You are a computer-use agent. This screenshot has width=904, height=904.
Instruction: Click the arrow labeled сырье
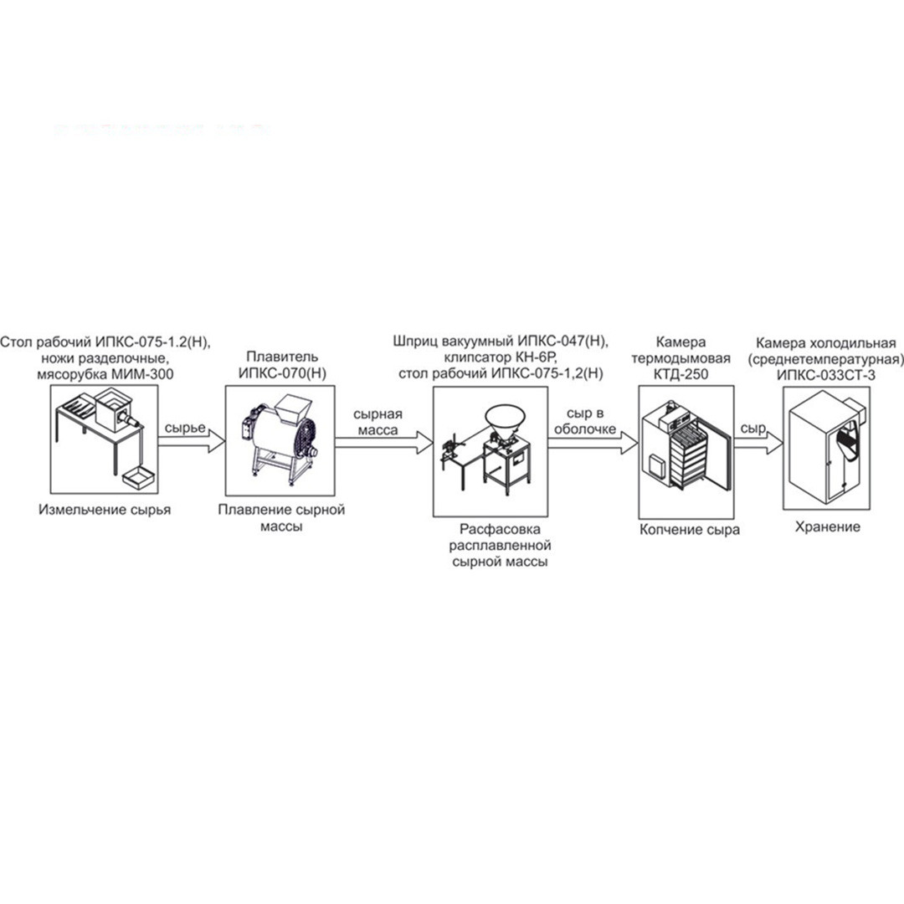[x=192, y=442]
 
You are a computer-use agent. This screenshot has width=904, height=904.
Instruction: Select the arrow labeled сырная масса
[x=384, y=442]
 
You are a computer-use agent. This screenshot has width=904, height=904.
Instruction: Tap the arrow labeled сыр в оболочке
[x=593, y=442]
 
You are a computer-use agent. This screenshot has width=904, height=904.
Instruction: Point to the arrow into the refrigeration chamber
[x=758, y=442]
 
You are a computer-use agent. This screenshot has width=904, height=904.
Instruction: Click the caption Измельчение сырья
[x=105, y=510]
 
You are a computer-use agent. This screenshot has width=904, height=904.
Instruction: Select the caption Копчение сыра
[x=690, y=530]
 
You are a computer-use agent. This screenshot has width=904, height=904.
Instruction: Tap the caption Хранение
[x=827, y=527]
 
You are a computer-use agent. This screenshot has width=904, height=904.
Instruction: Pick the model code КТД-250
[x=681, y=374]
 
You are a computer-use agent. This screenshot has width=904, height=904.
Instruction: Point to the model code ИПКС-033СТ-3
[x=826, y=375]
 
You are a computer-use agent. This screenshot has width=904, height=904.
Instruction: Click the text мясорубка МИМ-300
[x=105, y=374]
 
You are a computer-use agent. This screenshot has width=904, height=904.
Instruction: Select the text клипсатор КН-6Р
[x=501, y=357]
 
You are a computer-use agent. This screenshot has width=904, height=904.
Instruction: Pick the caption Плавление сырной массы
[x=281, y=518]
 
